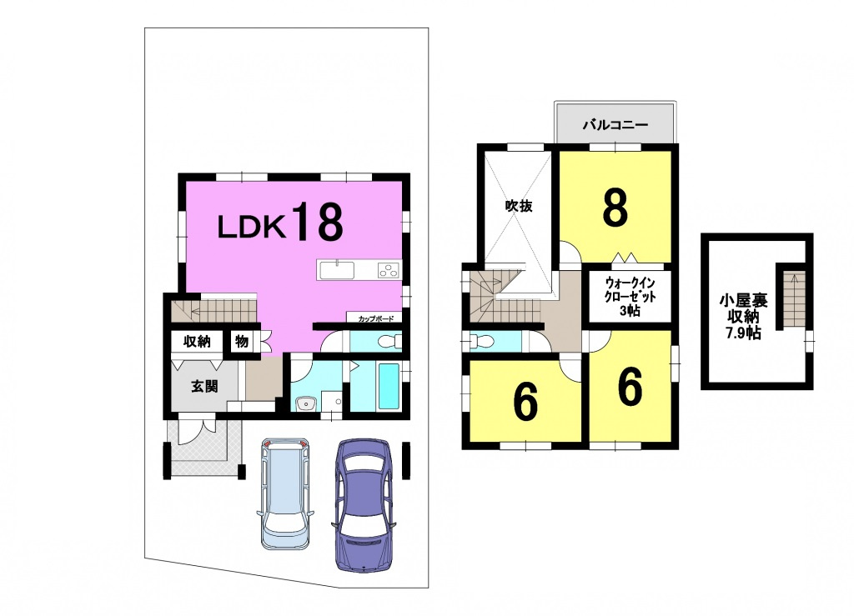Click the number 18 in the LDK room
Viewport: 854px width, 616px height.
coord(319,221)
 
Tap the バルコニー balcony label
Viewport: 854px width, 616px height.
coord(615,125)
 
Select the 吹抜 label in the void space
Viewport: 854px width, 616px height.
coord(518,206)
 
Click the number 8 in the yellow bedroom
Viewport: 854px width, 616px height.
coord(615,208)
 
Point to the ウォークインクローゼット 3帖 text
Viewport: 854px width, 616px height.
coord(630,297)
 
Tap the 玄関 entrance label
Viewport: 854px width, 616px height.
coord(204,386)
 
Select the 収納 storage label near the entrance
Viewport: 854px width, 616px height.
coord(197,342)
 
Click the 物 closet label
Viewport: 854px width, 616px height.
coord(242,342)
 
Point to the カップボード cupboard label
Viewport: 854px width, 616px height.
coord(376,319)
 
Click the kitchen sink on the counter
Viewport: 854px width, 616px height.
coord(337,270)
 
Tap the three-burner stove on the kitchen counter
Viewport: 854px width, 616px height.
coord(389,270)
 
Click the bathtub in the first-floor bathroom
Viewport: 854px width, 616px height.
coord(389,387)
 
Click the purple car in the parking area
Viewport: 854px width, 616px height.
coord(363,504)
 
